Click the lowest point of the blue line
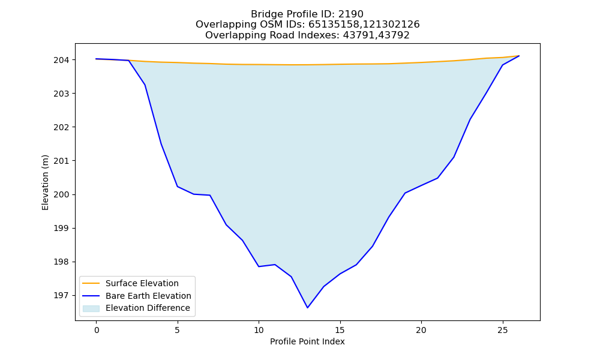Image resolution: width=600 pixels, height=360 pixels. [307, 308]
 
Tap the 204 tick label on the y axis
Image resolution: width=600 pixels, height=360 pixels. [61, 60]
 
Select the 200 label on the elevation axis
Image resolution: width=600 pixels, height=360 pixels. [61, 194]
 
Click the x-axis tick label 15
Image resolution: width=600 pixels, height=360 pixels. [340, 330]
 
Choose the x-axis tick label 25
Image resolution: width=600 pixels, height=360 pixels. [502, 330]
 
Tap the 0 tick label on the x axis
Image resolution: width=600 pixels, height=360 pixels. [97, 330]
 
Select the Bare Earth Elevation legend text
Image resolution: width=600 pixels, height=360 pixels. [148, 296]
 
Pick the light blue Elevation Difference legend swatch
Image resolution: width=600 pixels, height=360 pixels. [91, 308]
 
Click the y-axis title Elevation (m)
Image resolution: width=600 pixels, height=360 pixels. [45, 182]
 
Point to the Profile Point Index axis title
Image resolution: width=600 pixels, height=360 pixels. [307, 341]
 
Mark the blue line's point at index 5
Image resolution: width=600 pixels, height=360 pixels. [178, 187]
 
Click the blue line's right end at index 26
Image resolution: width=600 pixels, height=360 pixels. [519, 56]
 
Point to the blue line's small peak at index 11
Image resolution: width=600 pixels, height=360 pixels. [275, 265]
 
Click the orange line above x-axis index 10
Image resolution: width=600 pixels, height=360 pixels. [259, 64]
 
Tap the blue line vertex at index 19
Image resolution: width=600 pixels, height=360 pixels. [405, 193]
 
